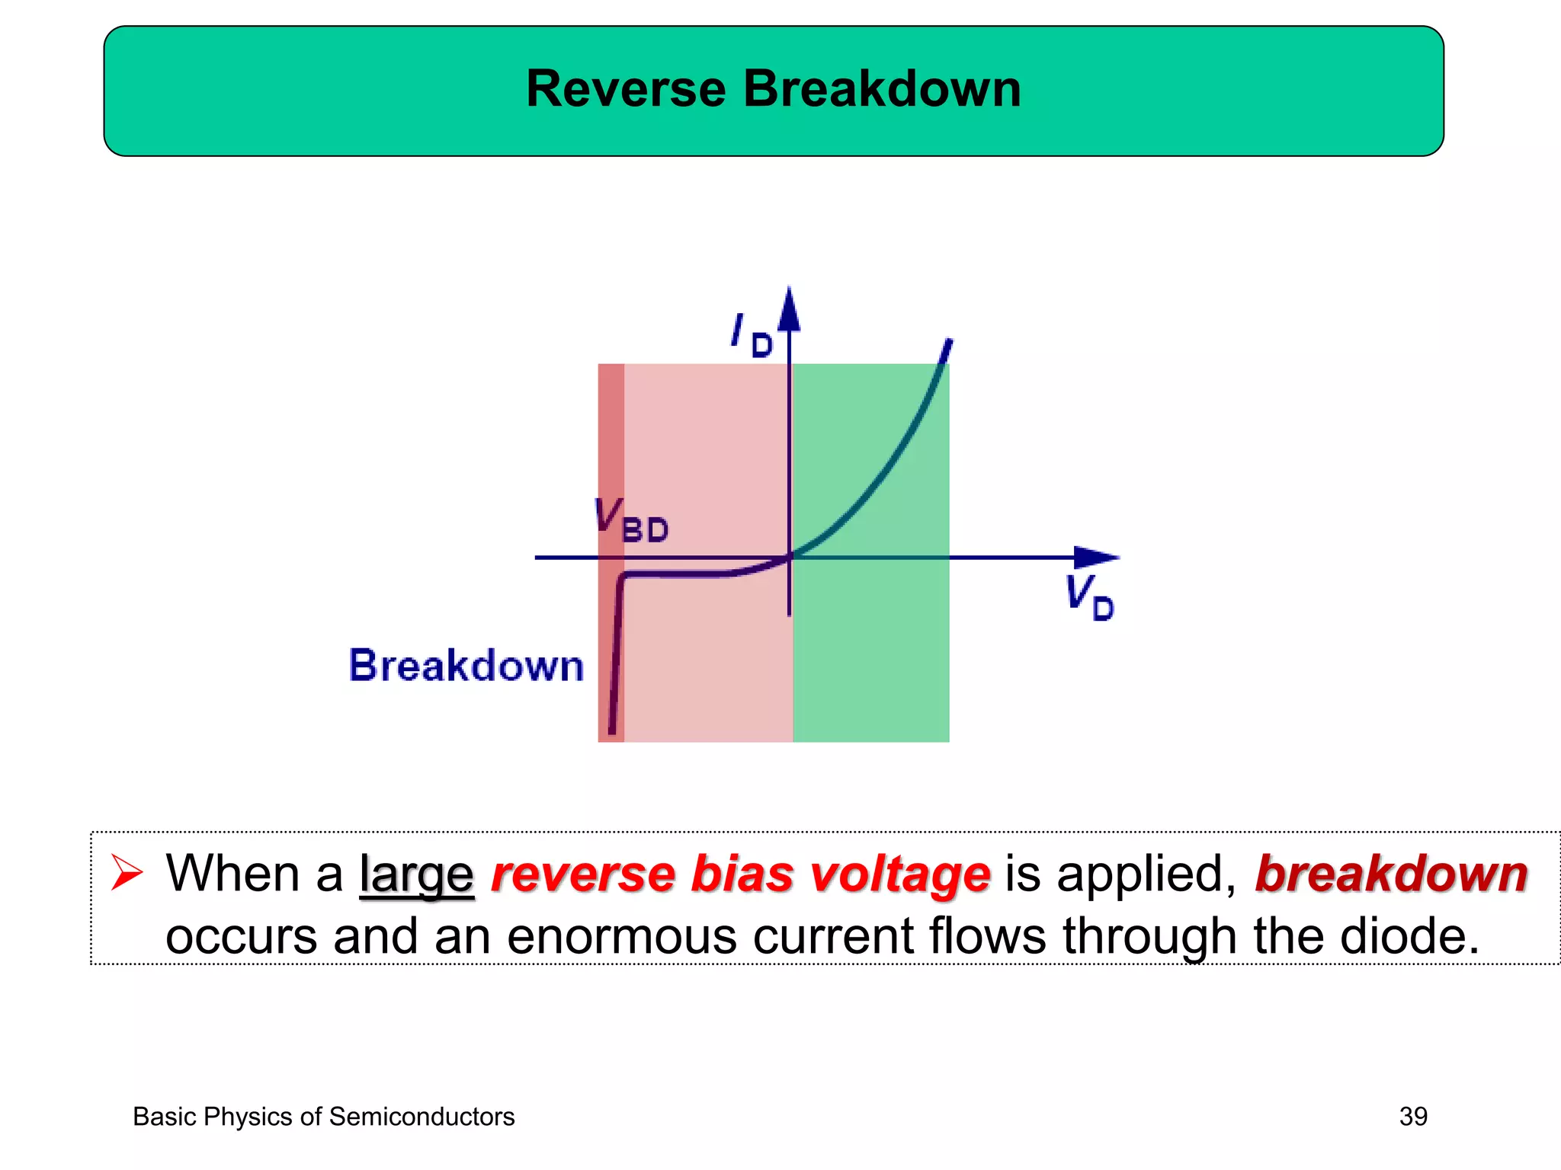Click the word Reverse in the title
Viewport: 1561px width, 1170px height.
pyautogui.click(x=625, y=89)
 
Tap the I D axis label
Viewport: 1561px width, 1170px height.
pyautogui.click(x=751, y=335)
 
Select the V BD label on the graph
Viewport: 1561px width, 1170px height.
pyautogui.click(x=631, y=521)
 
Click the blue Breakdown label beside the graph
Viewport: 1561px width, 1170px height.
pyautogui.click(x=466, y=666)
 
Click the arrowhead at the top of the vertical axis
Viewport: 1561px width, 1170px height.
pyautogui.click(x=789, y=308)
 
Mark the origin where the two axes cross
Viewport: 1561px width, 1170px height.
pyautogui.click(x=790, y=557)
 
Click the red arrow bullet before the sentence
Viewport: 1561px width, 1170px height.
pyautogui.click(x=127, y=873)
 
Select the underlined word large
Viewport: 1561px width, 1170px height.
pyautogui.click(x=416, y=874)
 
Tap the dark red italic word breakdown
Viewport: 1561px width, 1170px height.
pyautogui.click(x=1391, y=874)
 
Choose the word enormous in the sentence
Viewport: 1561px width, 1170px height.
pyautogui.click(x=621, y=936)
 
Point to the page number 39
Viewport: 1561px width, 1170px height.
pyautogui.click(x=1412, y=1117)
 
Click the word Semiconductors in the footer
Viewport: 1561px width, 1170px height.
pyautogui.click(x=422, y=1117)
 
